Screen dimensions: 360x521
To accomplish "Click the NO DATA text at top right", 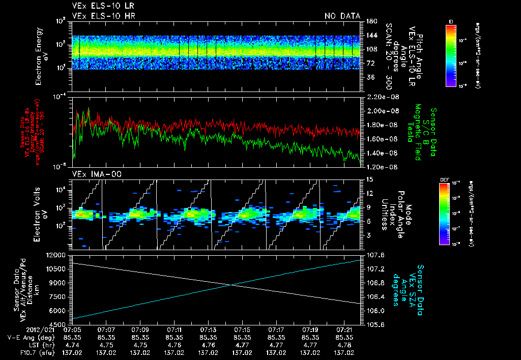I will point(342,16).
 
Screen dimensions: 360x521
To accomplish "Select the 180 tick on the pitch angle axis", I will point(370,21).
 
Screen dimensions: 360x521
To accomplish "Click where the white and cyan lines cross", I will point(231,285).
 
